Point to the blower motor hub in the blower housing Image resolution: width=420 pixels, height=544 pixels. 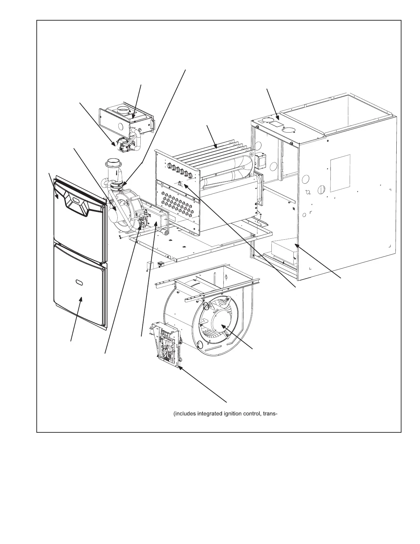[220, 323]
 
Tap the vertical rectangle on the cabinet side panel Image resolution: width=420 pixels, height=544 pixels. [340, 173]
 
